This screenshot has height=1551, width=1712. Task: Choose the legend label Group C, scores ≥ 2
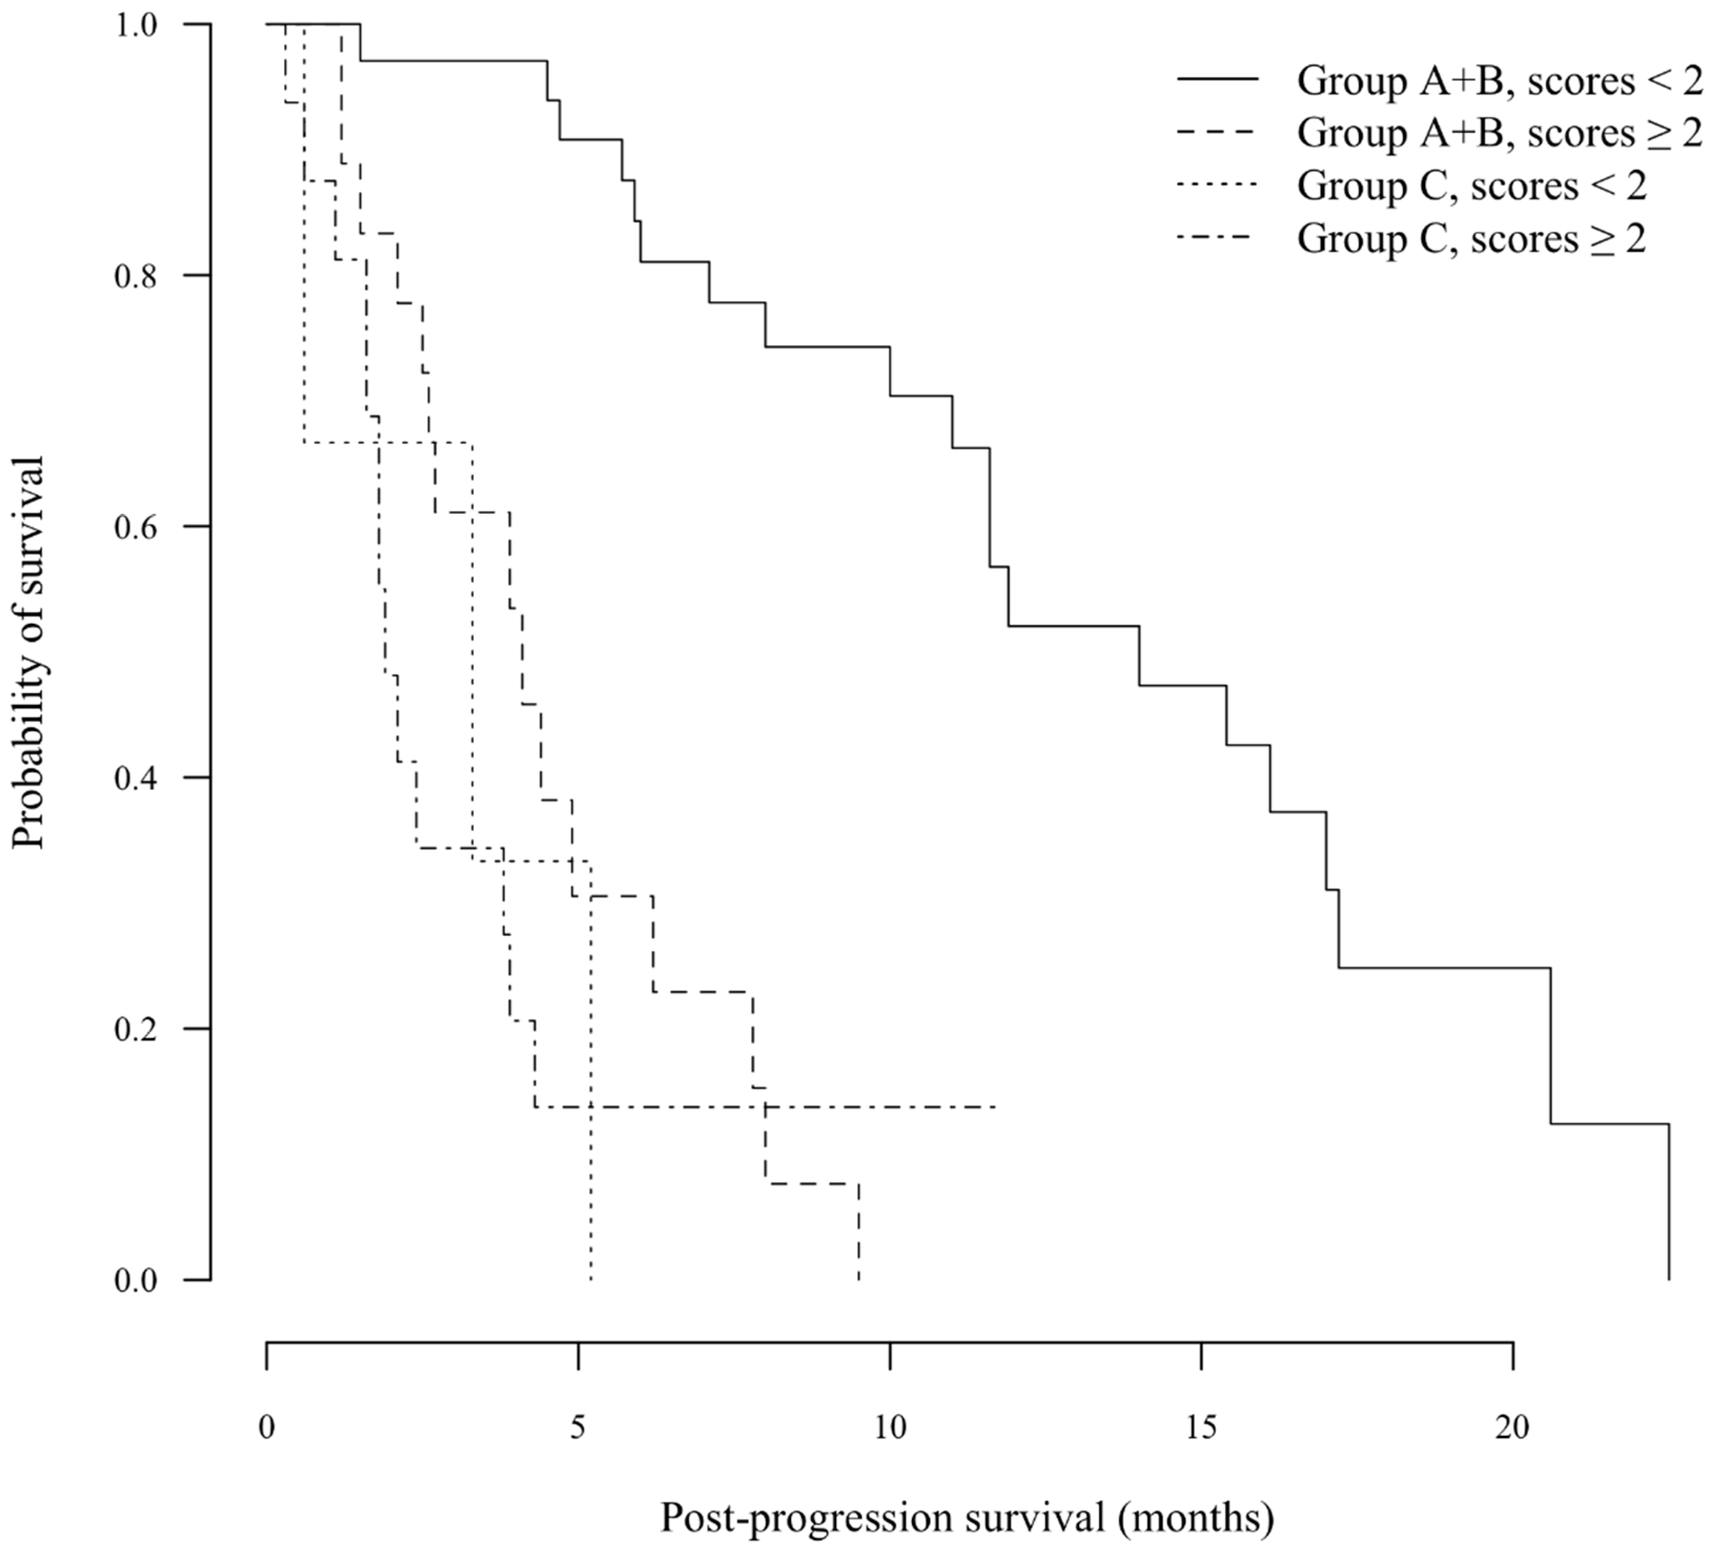click(1472, 239)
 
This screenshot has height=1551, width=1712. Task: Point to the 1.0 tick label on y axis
click(136, 25)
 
